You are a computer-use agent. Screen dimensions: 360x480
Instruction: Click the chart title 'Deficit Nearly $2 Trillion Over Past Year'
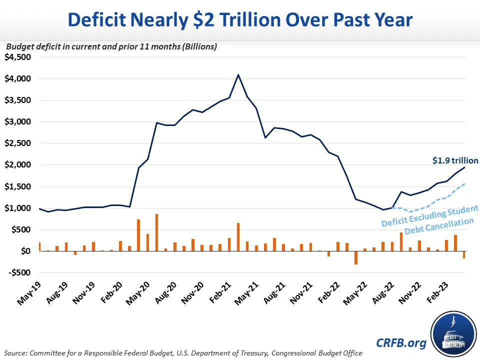(x=240, y=19)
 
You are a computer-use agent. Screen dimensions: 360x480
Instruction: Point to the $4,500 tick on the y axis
(x=18, y=57)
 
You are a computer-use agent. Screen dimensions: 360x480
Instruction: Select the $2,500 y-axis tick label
(x=18, y=143)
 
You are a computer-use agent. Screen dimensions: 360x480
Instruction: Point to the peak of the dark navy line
(x=238, y=74)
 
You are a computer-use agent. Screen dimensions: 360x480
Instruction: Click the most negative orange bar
(x=356, y=258)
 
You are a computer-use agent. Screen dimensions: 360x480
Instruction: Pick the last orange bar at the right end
(x=464, y=255)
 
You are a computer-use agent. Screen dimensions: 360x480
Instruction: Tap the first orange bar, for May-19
(x=39, y=247)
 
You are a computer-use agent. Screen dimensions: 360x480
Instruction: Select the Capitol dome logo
(x=453, y=331)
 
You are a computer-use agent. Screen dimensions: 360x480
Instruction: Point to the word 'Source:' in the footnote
(x=15, y=353)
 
